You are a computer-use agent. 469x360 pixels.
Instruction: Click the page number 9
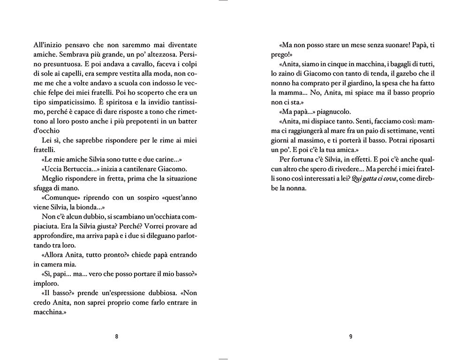[350, 336]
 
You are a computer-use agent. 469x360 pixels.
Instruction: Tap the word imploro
[46, 284]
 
